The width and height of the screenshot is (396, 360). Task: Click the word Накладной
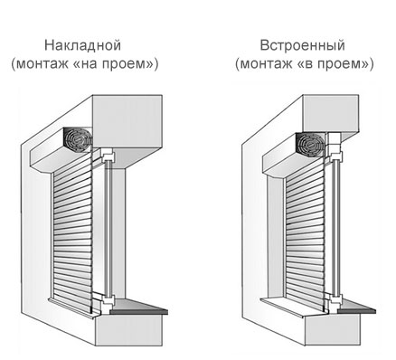[x=82, y=45]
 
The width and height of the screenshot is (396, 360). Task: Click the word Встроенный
[x=302, y=45]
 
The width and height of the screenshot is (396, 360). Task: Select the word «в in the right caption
[x=307, y=64]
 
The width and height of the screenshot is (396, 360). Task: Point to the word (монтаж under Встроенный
[x=265, y=64]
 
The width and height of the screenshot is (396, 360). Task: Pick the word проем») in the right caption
[x=347, y=64]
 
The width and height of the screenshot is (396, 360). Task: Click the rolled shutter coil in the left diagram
[x=78, y=140]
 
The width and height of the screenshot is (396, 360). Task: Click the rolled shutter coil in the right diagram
[x=310, y=144]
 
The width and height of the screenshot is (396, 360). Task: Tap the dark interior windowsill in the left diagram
[x=139, y=311]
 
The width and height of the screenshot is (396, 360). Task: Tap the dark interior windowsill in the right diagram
[x=357, y=311]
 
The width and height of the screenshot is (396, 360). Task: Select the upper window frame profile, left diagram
[x=108, y=156]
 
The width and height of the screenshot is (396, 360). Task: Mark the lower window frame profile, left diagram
[x=108, y=300]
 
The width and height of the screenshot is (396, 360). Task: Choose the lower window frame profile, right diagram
[x=335, y=298]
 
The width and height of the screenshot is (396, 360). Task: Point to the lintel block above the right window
[x=331, y=114]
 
